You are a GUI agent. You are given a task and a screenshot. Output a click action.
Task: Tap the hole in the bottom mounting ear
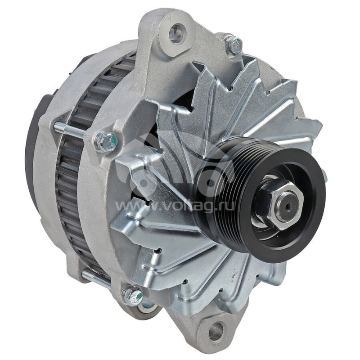coord(216,332)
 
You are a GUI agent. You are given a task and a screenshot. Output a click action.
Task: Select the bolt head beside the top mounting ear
coord(234,44)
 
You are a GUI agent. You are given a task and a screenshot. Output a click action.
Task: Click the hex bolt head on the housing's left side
coord(105,141)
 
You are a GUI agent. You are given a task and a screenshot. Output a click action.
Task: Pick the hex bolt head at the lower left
coord(133,296)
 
